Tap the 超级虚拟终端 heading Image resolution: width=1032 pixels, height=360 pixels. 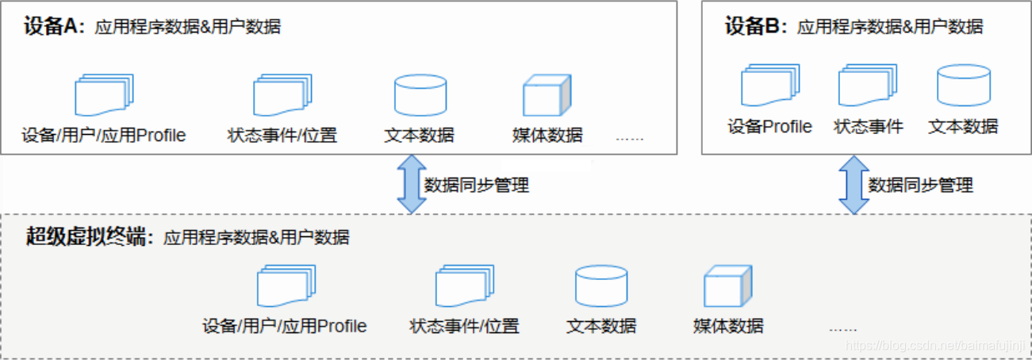(x=88, y=236)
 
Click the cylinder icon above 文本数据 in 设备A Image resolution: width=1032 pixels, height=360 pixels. (x=420, y=96)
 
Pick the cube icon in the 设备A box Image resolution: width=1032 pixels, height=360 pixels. (x=547, y=96)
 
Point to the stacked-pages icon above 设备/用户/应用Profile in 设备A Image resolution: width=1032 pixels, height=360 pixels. (x=104, y=96)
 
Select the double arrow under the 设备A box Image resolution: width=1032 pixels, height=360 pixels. (x=412, y=184)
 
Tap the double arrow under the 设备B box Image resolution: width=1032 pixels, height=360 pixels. (x=854, y=184)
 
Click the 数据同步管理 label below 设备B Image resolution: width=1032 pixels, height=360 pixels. (x=920, y=186)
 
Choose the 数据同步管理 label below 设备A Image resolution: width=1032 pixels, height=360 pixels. (x=476, y=186)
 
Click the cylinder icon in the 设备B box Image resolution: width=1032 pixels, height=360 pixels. (x=963, y=86)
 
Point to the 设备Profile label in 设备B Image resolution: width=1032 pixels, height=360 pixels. (x=770, y=126)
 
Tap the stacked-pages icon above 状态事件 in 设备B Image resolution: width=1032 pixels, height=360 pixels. (x=868, y=86)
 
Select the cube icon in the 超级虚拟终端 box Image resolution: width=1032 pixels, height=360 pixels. (x=727, y=286)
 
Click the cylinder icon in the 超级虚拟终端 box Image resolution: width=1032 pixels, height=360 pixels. (x=601, y=286)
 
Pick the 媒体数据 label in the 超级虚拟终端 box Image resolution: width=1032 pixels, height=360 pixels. (x=727, y=325)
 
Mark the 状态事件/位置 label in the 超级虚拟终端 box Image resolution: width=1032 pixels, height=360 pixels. (x=464, y=325)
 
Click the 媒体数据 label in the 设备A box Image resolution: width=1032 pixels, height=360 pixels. (x=547, y=135)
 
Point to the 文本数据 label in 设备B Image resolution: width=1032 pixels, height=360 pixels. (x=963, y=126)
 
